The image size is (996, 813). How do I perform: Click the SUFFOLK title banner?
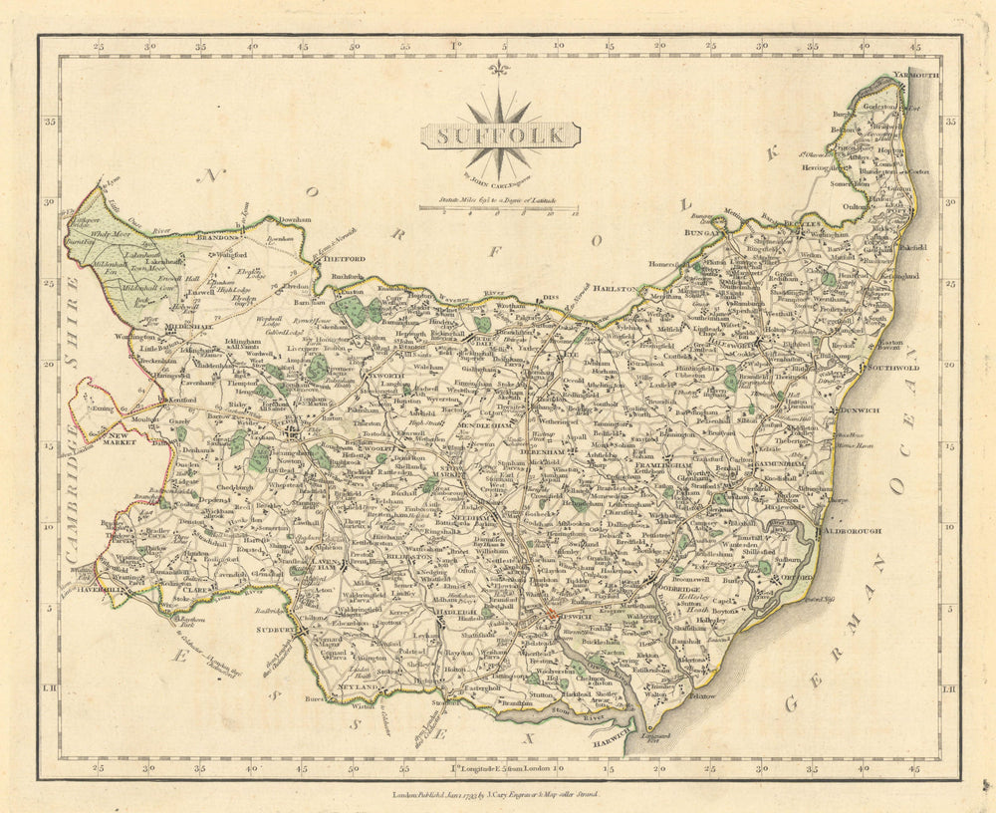coord(499,135)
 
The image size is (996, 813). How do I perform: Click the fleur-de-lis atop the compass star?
coord(499,68)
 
